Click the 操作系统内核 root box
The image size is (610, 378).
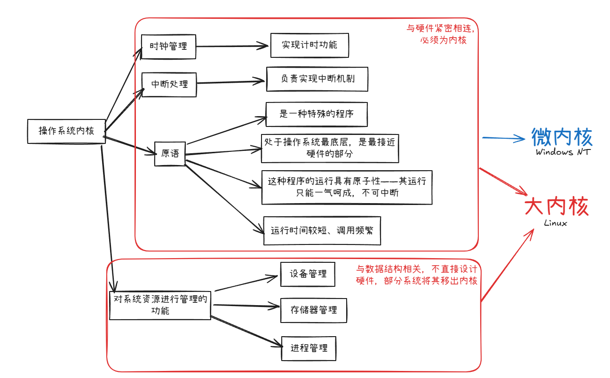66,131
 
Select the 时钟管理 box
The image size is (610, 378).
168,46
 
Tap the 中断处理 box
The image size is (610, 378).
169,84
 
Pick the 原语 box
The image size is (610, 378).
170,153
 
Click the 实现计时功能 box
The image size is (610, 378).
309,45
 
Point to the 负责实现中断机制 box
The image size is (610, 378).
317,79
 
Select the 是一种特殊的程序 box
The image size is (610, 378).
317,114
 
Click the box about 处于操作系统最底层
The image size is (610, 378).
330,148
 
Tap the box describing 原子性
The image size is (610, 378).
347,187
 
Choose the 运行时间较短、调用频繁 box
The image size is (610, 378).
322,231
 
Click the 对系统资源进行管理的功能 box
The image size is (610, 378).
160,305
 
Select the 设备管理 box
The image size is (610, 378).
308,274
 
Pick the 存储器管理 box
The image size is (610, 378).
314,310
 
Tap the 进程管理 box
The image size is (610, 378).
309,348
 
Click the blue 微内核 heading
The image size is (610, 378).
562,137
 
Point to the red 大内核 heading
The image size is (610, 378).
556,207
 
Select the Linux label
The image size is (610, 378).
555,223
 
